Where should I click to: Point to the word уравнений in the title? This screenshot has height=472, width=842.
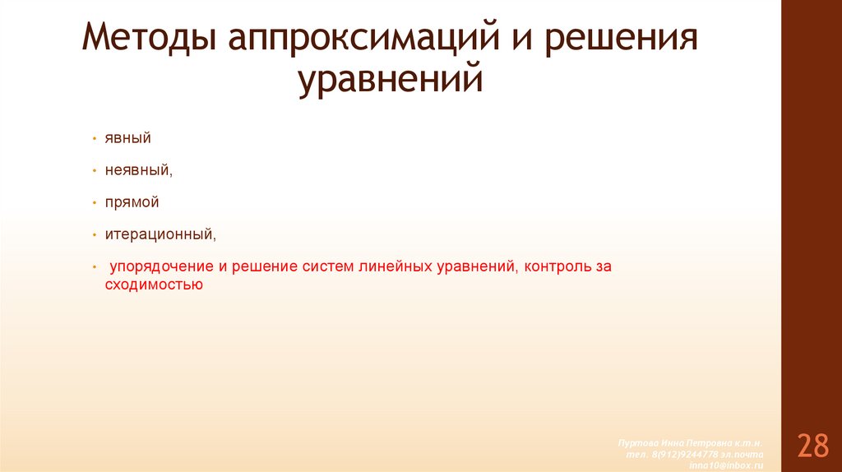[390, 82]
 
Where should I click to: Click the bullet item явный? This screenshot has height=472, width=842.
[127, 139]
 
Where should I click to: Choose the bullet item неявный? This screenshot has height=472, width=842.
[137, 170]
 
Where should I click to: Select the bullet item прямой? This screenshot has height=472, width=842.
[132, 202]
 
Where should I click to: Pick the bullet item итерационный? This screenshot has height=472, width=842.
[160, 234]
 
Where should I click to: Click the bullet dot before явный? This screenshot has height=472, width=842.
[95, 139]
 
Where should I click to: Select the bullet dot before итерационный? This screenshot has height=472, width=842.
[95, 234]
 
